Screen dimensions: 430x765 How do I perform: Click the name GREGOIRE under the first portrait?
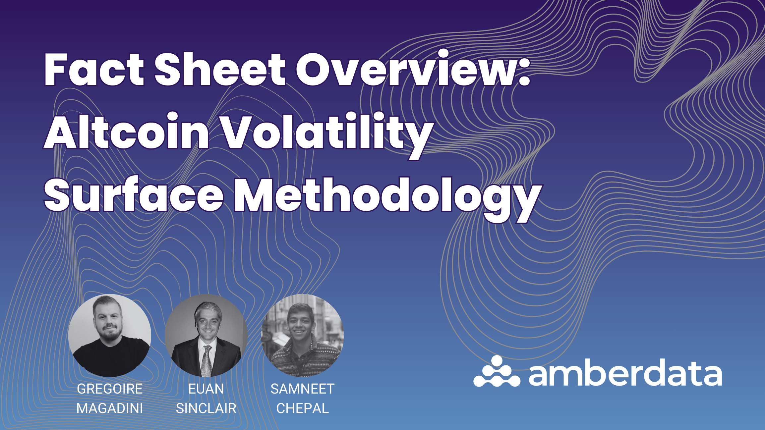[x=110, y=389]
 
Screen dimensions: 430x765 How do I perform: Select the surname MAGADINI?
[x=110, y=408]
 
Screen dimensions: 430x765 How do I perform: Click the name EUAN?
[x=206, y=389]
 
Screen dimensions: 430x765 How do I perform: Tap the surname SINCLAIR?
[x=206, y=408]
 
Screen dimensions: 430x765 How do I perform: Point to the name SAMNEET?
[x=302, y=389]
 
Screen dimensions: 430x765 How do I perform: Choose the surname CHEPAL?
[x=302, y=408]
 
